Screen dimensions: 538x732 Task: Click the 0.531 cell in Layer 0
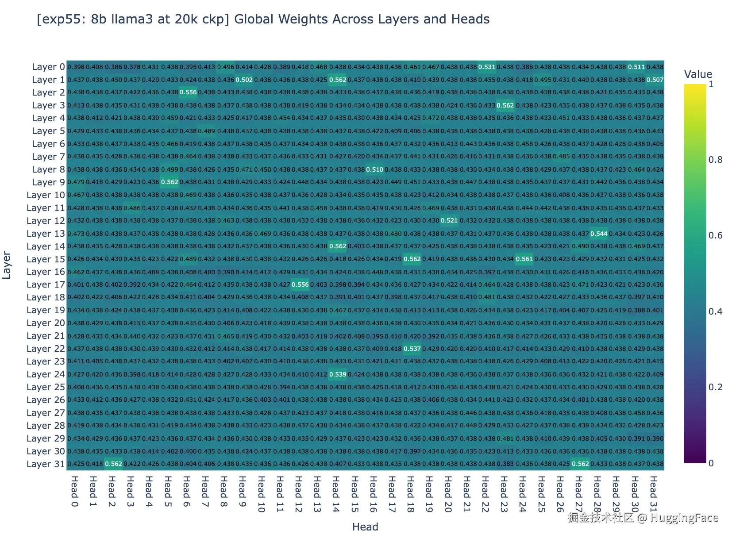pos(486,67)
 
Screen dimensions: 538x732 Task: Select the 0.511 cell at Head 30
pos(636,67)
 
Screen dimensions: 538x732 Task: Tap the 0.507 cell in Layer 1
pos(655,80)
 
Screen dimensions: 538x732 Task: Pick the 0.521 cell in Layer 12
pos(449,221)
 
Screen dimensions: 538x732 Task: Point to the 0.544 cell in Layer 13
pos(598,234)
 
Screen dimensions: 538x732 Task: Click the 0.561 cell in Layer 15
pos(524,259)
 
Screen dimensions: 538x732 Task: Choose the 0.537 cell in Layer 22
pos(412,349)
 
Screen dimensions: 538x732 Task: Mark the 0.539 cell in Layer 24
pos(337,375)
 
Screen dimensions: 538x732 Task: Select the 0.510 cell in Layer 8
pos(374,169)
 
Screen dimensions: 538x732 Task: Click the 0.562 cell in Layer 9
pos(170,182)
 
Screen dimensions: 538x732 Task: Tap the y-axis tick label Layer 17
pos(46,284)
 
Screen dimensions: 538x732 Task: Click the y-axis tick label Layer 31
pos(46,464)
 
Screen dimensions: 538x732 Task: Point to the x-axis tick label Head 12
pos(298,494)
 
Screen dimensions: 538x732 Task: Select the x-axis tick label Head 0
pos(75,491)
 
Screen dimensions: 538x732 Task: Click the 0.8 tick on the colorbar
pos(715,160)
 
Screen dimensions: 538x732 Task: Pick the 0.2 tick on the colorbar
pos(715,387)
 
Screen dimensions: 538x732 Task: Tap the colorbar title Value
pos(698,74)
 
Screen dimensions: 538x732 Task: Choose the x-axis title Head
pos(365,527)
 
